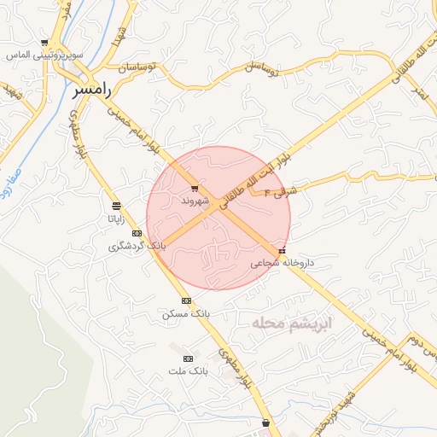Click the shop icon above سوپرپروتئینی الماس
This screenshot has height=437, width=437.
[x=44, y=42]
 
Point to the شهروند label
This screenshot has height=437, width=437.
[x=195, y=201]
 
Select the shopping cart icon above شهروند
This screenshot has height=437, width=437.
[x=195, y=189]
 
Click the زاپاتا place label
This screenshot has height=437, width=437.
[x=117, y=218]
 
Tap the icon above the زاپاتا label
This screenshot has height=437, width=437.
[x=117, y=206]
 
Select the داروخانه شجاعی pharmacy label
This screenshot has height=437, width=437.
[x=282, y=263]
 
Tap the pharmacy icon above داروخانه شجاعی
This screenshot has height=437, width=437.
[x=283, y=251]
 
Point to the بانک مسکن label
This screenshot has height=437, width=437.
[x=186, y=313]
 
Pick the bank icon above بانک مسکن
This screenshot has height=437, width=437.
[x=186, y=300]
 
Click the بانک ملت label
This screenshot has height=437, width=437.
[x=189, y=371]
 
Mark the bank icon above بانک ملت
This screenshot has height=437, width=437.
[x=189, y=358]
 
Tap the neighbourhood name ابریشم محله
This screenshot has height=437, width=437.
[x=293, y=324]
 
